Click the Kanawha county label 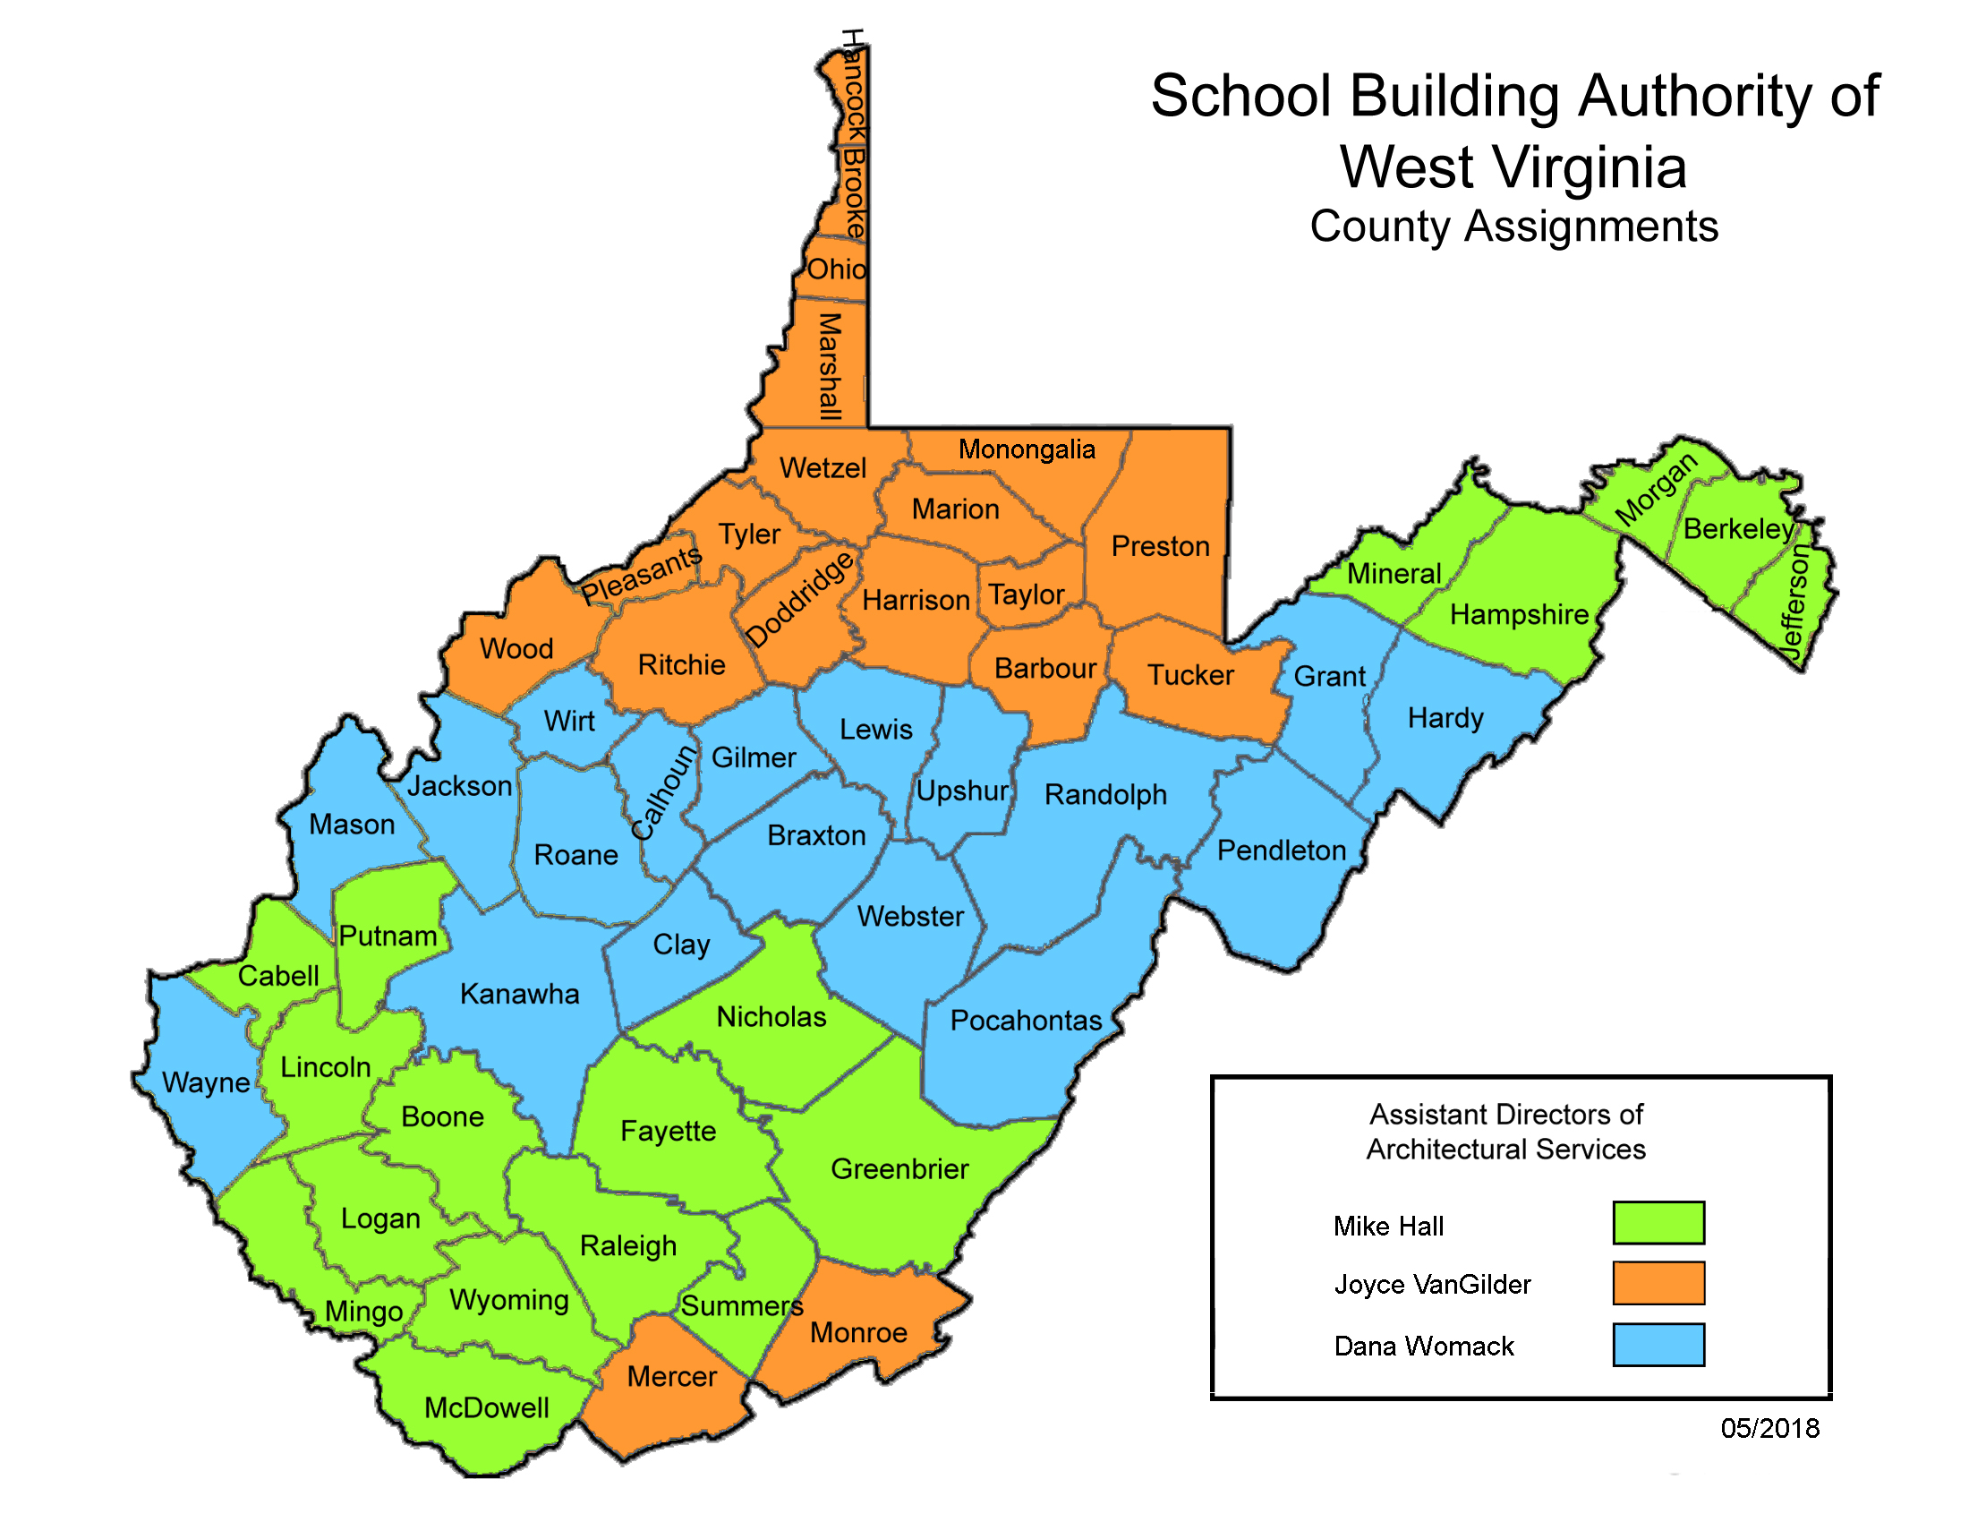pos(519,994)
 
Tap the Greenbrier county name pos(899,1168)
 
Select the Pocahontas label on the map pos(1026,1020)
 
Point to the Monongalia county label pos(1026,449)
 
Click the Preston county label pos(1160,545)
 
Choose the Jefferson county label pos(1795,603)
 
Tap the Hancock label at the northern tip pos(853,86)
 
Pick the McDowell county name pos(486,1407)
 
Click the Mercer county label pos(671,1376)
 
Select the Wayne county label pos(206,1082)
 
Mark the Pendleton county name pos(1281,851)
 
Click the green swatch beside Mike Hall pos(1658,1223)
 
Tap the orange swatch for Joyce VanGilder pos(1658,1283)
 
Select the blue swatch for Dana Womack pos(1658,1345)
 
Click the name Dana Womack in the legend pos(1424,1347)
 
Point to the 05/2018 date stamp pos(1769,1428)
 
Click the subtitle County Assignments pos(1513,227)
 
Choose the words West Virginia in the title pos(1513,167)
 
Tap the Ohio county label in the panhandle pos(836,269)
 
